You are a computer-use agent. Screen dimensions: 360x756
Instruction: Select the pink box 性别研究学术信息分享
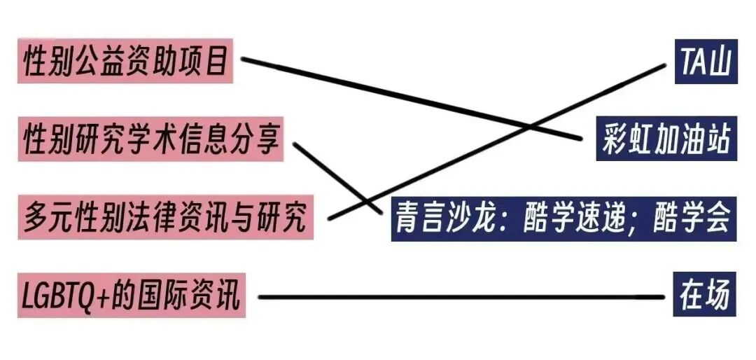coord(151,140)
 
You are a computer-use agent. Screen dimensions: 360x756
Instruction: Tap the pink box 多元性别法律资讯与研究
coord(165,218)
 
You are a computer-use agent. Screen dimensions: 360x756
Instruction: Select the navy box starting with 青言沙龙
coord(563,219)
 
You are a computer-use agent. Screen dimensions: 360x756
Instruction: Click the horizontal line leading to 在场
coord(455,298)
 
